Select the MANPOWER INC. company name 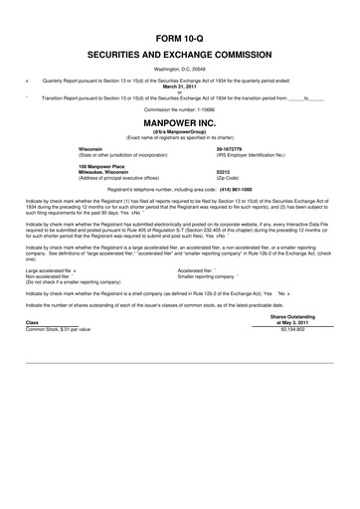click(x=179, y=125)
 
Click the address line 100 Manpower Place click(x=104, y=165)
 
